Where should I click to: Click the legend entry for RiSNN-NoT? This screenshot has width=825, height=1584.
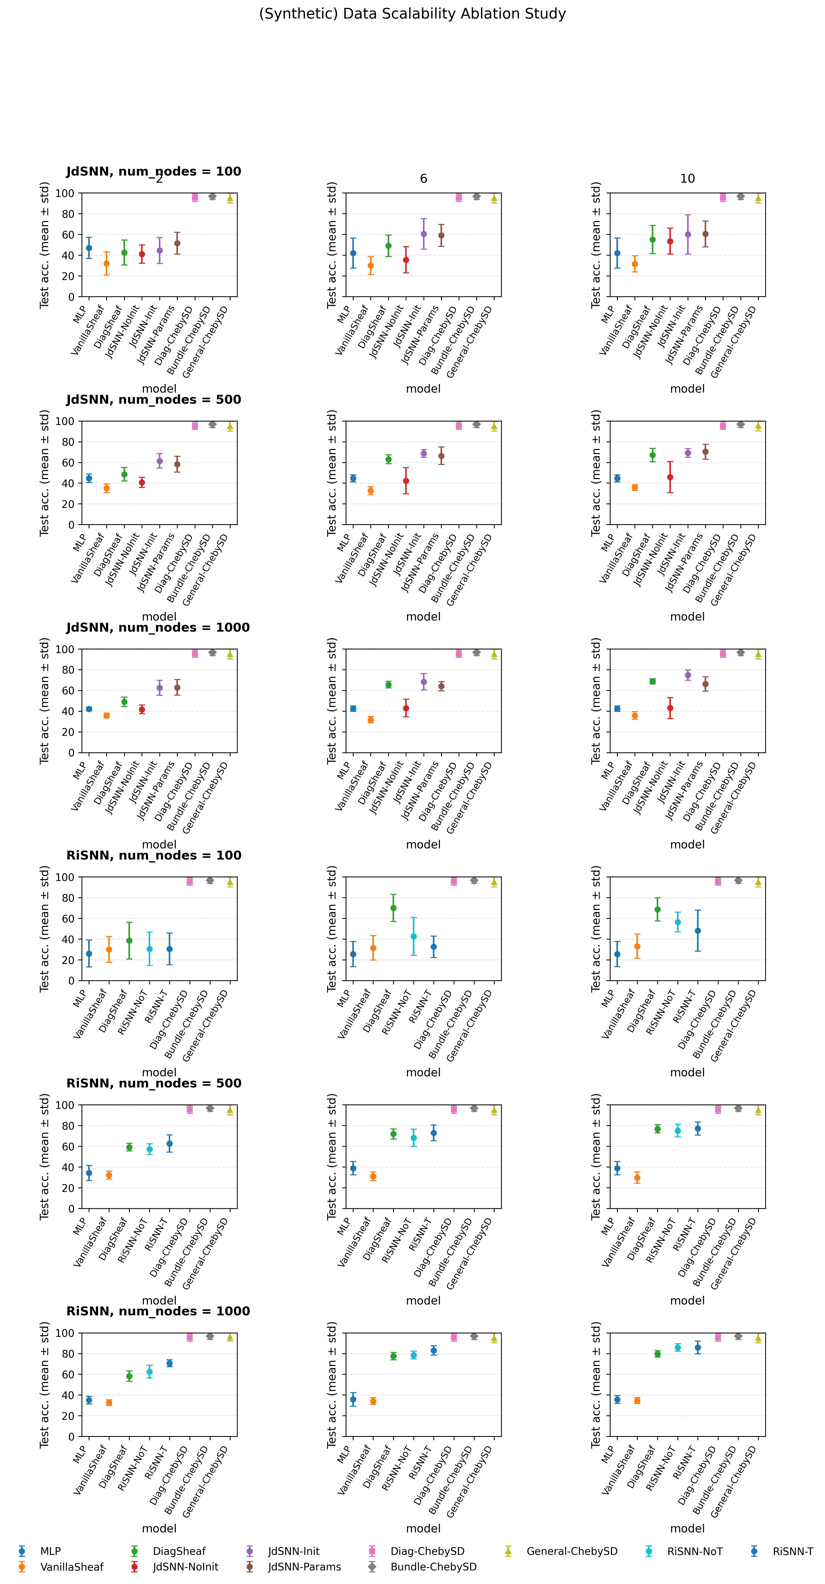point(694,1551)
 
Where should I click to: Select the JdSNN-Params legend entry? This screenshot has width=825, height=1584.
point(304,1566)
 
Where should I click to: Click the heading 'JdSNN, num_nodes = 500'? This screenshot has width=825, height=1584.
point(154,400)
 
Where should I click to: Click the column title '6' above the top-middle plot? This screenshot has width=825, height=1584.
point(423,178)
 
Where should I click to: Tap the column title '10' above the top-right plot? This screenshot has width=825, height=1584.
point(687,178)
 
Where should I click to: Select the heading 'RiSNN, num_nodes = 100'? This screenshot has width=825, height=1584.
point(154,855)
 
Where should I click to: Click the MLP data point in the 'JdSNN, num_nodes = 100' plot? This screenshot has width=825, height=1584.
point(89,248)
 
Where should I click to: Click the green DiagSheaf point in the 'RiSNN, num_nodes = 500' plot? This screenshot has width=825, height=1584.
point(129,1147)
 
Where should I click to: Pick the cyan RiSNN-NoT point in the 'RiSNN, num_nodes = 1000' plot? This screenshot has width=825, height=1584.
point(149,1371)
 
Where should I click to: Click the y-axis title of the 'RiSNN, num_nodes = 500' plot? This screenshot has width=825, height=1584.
point(44,1157)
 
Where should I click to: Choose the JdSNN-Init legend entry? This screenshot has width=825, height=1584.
point(294,1551)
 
